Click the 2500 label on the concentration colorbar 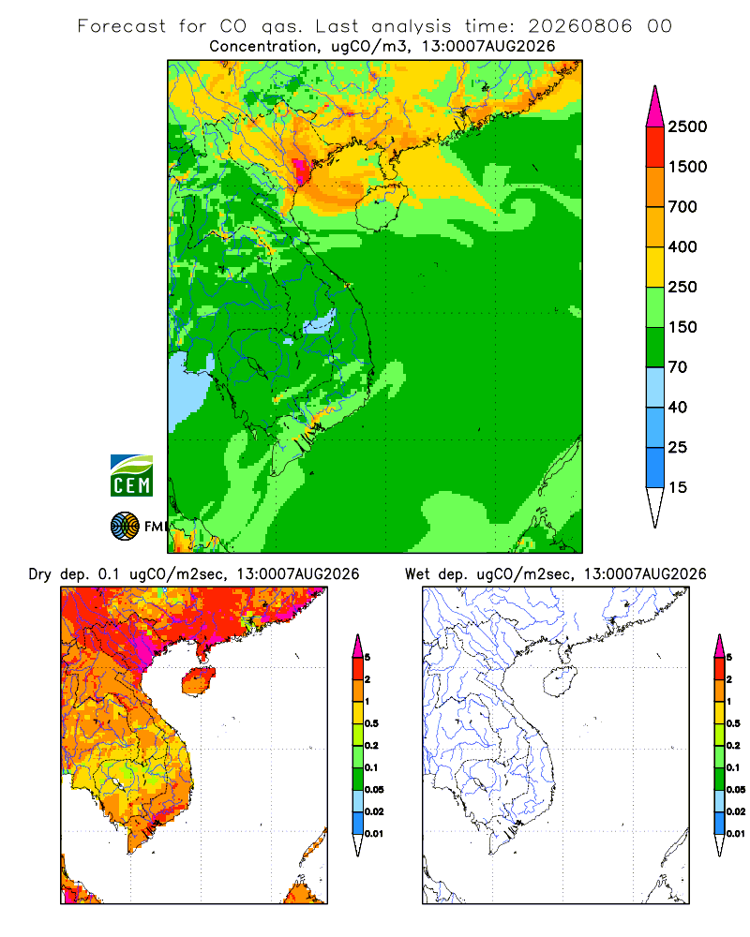pos(687,126)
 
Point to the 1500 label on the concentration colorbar pos(687,167)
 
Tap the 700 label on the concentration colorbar pos(682,207)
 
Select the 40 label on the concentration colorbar pos(678,407)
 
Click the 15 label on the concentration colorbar pos(678,487)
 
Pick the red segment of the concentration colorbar pos(655,146)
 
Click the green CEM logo pos(131,476)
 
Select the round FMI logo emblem pos(125,527)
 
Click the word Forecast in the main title pos(122,26)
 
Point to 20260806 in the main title pos(579,26)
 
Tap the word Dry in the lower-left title pos(40,575)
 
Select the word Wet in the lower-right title pos(417,574)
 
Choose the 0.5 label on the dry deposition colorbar pos(371,723)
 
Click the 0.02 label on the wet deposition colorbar pos(736,811)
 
